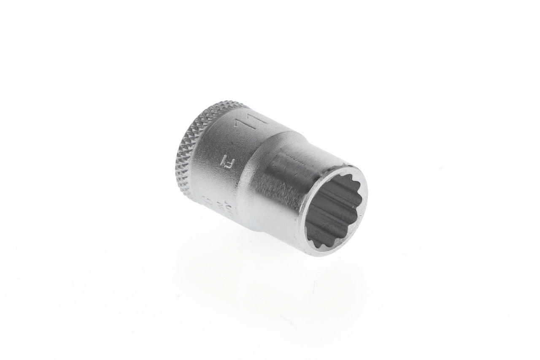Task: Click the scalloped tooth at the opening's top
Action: (x=337, y=179)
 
